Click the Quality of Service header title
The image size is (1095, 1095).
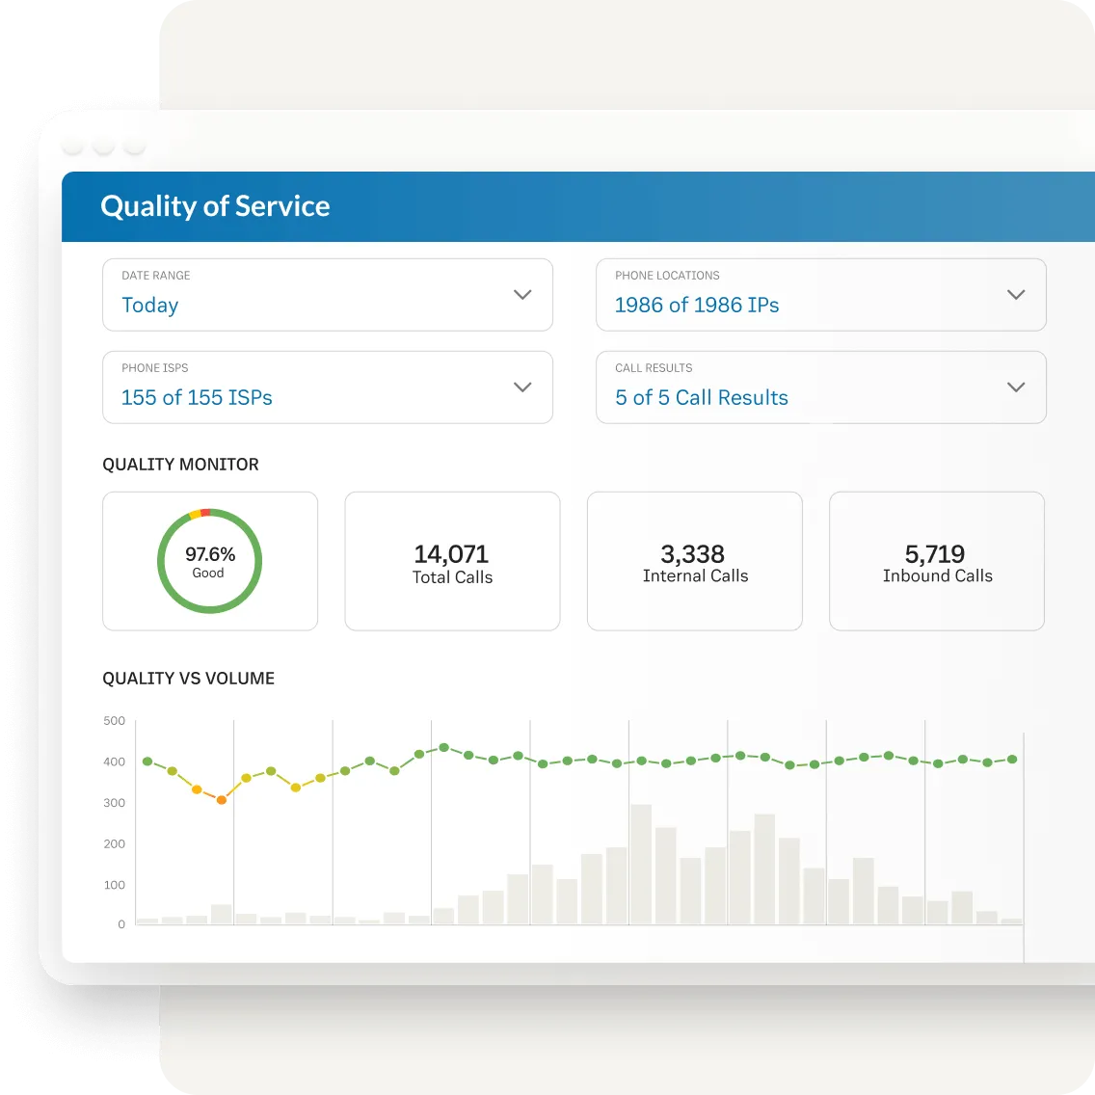click(x=215, y=206)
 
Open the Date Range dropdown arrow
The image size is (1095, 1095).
click(x=522, y=295)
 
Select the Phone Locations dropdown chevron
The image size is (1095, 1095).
click(x=1015, y=295)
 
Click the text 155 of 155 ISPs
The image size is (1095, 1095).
click(x=197, y=397)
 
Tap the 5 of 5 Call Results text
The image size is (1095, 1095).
click(x=701, y=397)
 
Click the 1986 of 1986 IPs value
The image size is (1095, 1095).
click(x=696, y=305)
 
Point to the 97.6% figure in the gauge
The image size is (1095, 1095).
click(x=210, y=554)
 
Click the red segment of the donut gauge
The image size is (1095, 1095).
click(x=205, y=513)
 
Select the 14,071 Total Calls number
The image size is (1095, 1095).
click(x=451, y=554)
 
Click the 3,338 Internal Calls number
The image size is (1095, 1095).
click(x=692, y=554)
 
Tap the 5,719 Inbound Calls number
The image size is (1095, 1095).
click(x=934, y=554)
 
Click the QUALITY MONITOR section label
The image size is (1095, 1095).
click(x=180, y=465)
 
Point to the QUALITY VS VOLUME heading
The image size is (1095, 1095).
click(x=188, y=679)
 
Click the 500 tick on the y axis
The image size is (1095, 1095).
click(x=114, y=721)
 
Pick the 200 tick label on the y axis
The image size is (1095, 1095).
click(x=114, y=843)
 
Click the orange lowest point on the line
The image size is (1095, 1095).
click(x=222, y=799)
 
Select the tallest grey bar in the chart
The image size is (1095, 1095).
click(x=641, y=864)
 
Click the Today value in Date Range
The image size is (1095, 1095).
click(x=149, y=305)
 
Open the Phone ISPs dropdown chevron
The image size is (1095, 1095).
click(x=522, y=387)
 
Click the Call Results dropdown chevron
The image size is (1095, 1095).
click(x=1015, y=387)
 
